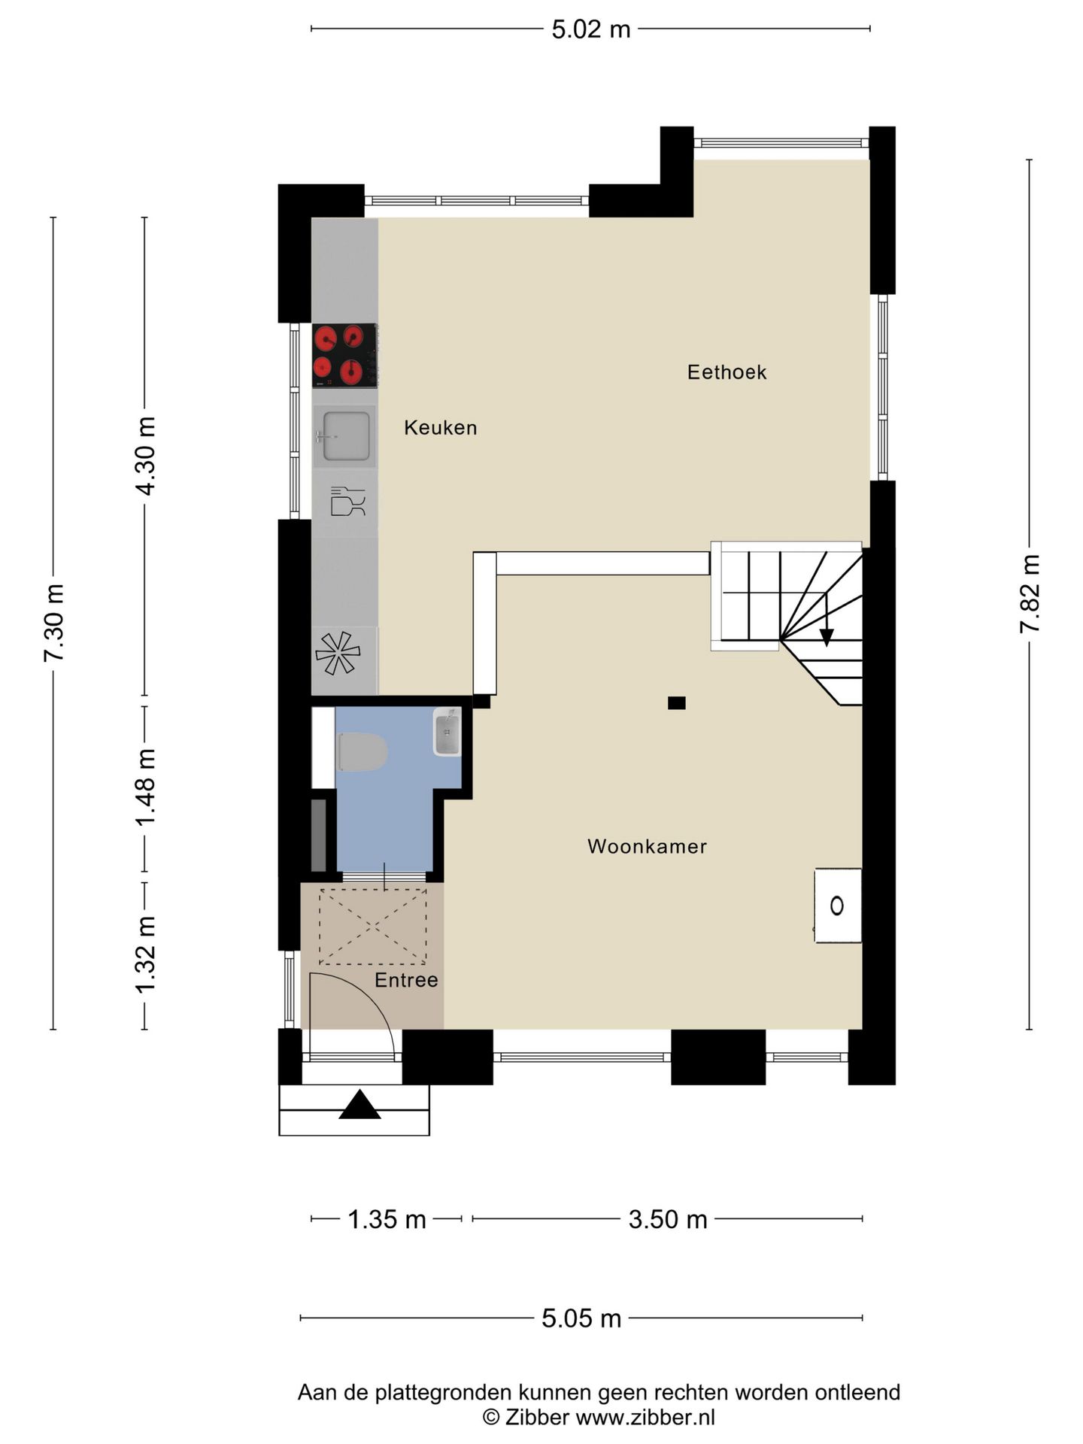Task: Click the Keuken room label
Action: [440, 428]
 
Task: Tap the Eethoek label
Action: [727, 372]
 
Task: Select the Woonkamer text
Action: [647, 847]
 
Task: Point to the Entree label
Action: [406, 980]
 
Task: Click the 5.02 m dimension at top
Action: [591, 29]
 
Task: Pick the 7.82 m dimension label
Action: [1030, 594]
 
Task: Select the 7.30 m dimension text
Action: [53, 623]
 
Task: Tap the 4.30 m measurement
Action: [145, 457]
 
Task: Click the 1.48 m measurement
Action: [145, 787]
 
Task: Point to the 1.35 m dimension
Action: [387, 1219]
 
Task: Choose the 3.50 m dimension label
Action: [668, 1219]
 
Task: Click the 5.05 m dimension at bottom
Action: [581, 1318]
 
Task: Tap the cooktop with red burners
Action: [344, 356]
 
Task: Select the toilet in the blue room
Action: [362, 752]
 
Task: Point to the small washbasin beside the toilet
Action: [447, 732]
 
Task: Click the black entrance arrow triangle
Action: [360, 1104]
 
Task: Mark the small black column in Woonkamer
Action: [677, 703]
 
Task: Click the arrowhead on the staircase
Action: [827, 638]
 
